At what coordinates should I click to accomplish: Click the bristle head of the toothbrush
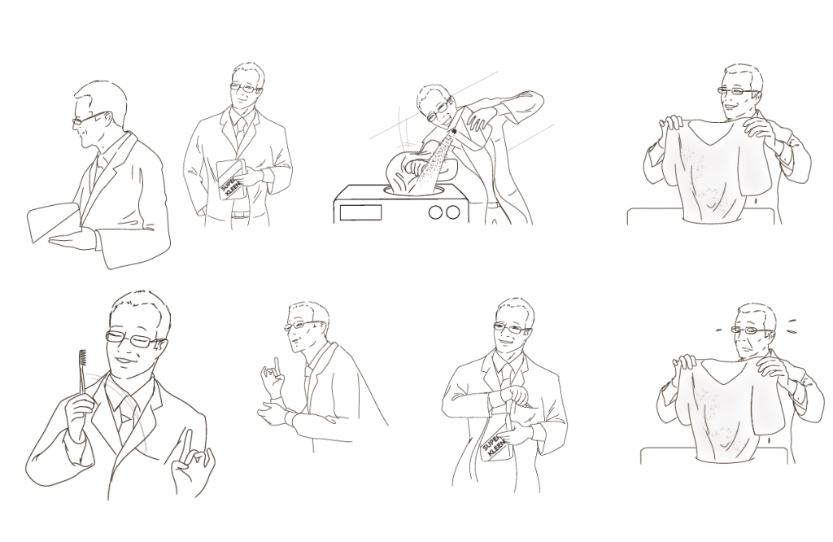(x=81, y=359)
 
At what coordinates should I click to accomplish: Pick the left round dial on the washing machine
(x=434, y=212)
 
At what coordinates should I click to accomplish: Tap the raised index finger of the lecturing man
(x=275, y=365)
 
